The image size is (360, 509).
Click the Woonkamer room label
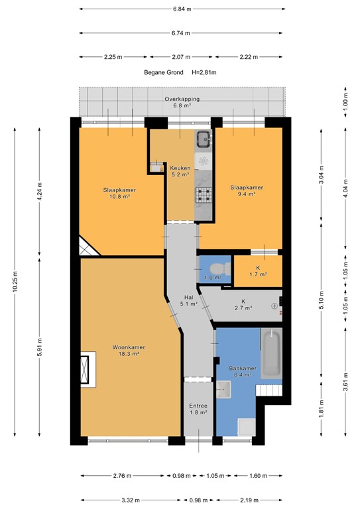click(129, 351)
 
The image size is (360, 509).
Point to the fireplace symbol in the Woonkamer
click(86, 370)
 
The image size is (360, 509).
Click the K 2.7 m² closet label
click(243, 304)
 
